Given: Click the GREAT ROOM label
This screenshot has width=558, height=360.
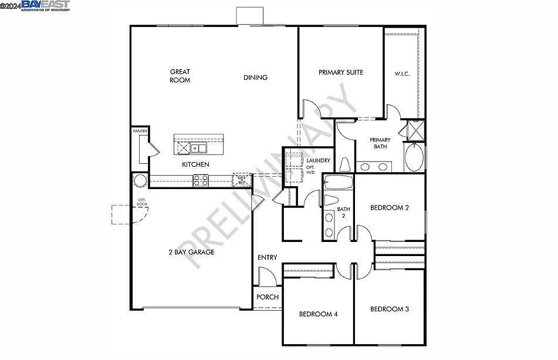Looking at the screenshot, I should click(180, 76).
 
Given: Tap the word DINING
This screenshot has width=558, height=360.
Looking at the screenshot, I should click(255, 78).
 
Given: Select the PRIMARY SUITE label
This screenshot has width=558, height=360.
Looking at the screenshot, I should click(341, 72).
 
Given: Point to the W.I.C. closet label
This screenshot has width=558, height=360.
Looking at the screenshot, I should click(402, 74).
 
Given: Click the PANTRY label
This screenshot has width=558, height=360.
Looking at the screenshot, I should click(140, 132).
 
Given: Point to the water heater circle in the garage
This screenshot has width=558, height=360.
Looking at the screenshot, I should click(140, 180).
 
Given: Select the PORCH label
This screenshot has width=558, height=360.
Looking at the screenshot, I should click(268, 297).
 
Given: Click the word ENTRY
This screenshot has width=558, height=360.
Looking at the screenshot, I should click(267, 258).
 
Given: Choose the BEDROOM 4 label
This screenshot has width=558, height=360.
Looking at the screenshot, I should click(318, 314).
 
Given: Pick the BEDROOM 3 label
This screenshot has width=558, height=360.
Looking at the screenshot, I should click(390, 309).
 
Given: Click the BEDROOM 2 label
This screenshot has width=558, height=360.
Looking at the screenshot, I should click(390, 207).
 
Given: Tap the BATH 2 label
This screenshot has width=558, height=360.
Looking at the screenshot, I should click(343, 212).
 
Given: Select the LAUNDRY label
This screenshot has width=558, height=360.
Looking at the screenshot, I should click(319, 161).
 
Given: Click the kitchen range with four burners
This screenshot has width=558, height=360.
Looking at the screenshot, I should click(201, 180).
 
